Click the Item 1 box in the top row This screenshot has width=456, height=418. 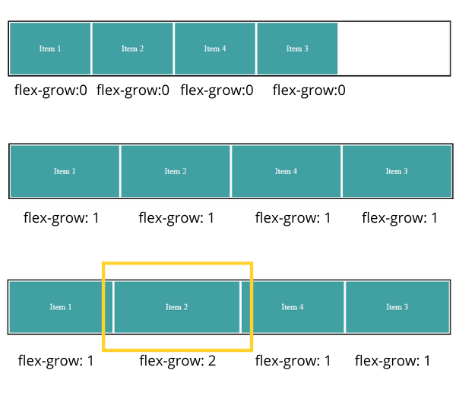click(x=50, y=49)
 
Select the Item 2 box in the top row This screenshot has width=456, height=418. click(x=132, y=49)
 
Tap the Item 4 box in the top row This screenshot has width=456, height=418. click(x=215, y=49)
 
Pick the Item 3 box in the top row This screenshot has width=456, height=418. click(x=297, y=49)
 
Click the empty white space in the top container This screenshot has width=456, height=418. click(x=394, y=49)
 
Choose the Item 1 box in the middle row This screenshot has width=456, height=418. click(x=65, y=171)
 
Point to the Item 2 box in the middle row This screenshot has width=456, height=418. click(x=176, y=171)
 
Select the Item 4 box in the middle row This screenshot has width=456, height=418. click(x=287, y=171)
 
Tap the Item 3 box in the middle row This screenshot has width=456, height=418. click(x=397, y=171)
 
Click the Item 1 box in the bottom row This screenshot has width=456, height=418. click(x=61, y=307)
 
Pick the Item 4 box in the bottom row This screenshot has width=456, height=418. click(x=293, y=307)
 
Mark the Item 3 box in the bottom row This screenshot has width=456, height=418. click(x=397, y=307)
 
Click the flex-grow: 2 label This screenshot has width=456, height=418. click(x=178, y=361)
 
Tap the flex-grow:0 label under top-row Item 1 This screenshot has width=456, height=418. click(x=51, y=90)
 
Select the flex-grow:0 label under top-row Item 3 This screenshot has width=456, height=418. click(x=309, y=90)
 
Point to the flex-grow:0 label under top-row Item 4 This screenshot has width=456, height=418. click(x=217, y=90)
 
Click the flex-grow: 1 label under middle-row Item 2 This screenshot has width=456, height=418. click(x=176, y=218)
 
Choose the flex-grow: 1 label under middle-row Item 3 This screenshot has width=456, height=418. click(x=400, y=218)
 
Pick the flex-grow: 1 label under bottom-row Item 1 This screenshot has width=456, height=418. click(x=55, y=361)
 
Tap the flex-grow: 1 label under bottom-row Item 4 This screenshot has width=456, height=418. click(x=293, y=361)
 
